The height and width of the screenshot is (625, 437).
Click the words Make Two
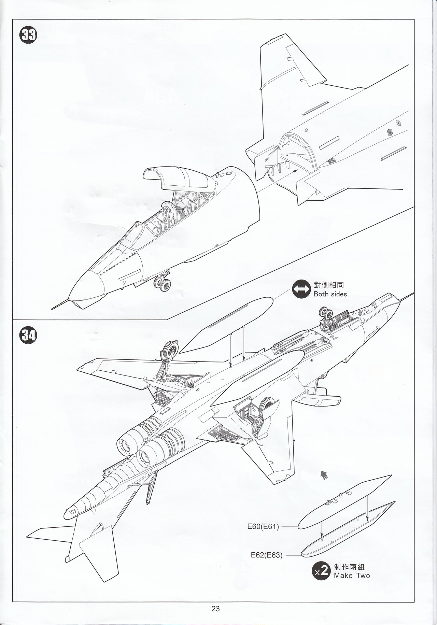(352, 576)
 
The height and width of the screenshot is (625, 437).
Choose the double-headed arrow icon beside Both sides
(300, 289)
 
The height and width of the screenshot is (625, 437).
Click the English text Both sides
(330, 294)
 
